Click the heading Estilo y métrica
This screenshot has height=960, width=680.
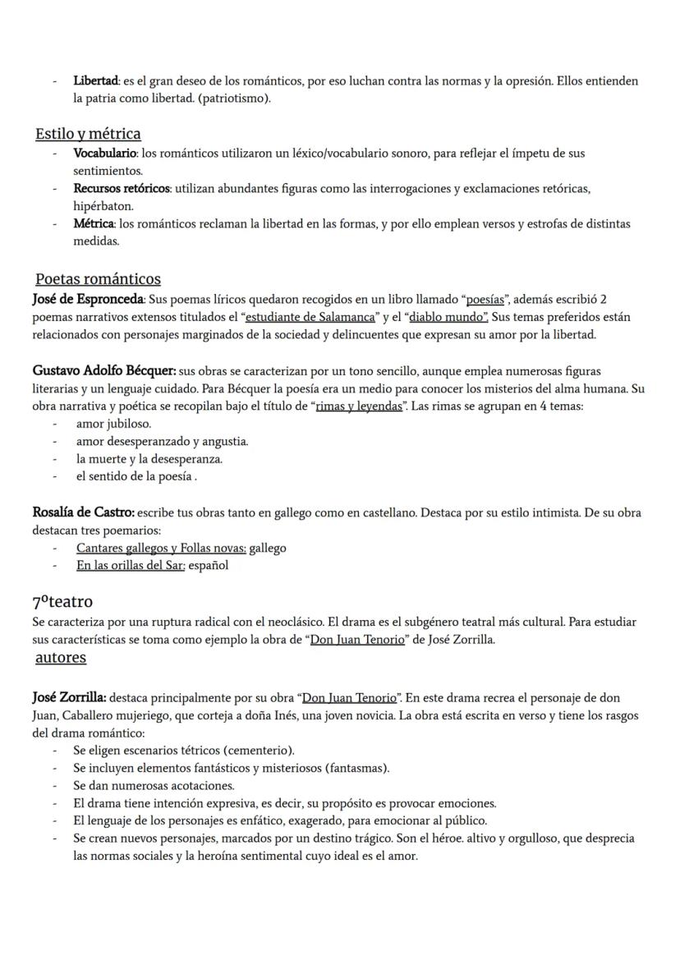pos(88,133)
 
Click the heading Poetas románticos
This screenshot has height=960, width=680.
pos(98,278)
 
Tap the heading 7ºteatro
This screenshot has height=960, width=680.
pos(62,601)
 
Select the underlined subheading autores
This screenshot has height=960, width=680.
pos(61,657)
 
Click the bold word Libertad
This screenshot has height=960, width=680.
pos(96,80)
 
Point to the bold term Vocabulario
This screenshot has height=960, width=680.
pos(105,153)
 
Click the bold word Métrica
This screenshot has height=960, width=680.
pos(94,223)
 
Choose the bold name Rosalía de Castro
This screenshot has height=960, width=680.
pos(83,512)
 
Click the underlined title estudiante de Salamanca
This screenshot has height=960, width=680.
pos(310,317)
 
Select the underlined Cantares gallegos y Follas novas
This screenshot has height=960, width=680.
pos(161,548)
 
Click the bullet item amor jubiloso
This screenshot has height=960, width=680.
pos(113,424)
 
